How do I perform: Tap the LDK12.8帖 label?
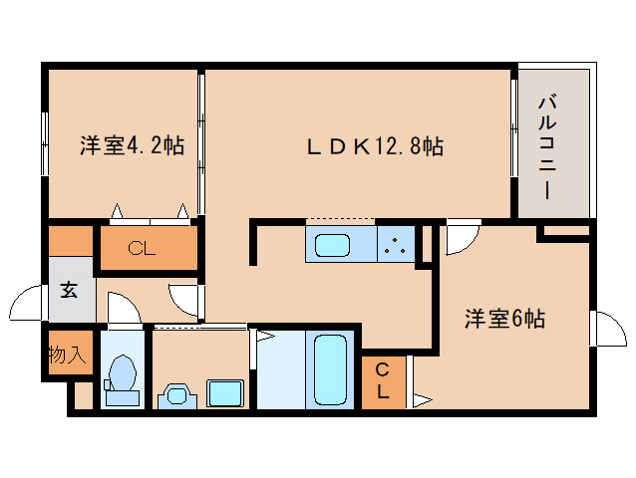click(x=374, y=146)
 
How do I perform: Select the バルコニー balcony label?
click(x=547, y=146)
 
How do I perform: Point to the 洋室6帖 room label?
click(x=503, y=320)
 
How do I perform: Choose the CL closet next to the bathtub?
click(x=383, y=380)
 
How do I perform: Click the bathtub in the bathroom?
click(x=329, y=368)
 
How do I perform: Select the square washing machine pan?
click(x=224, y=393)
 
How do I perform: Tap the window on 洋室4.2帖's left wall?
click(x=45, y=143)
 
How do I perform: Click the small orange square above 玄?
click(x=69, y=242)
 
